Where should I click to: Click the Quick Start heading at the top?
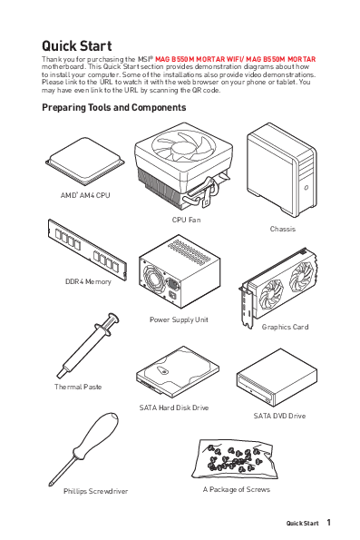[x=77, y=45]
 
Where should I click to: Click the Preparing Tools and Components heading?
[x=114, y=107]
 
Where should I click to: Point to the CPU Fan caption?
[x=186, y=220]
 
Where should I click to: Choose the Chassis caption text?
[x=282, y=229]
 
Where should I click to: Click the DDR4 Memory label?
[x=87, y=281]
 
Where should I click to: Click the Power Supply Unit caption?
[x=179, y=319]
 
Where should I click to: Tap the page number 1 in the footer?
[x=328, y=523]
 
